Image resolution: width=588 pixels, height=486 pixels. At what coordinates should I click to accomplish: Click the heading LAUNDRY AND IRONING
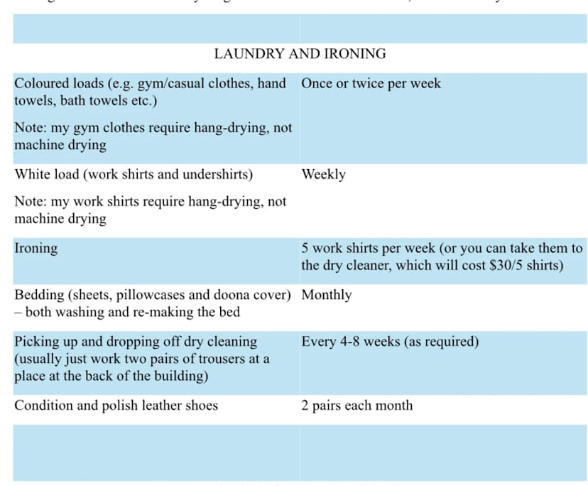click(300, 54)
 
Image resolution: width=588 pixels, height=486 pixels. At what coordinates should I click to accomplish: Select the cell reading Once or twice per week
click(371, 83)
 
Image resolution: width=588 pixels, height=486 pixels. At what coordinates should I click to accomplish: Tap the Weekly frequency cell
click(323, 174)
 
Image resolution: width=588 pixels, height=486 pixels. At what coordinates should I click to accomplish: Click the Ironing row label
click(36, 249)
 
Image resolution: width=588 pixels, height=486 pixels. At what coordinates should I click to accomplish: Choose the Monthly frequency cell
click(326, 295)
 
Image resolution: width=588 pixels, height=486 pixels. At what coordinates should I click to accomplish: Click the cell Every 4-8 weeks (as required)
click(390, 342)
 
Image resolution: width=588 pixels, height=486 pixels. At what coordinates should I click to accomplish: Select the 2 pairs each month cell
click(356, 406)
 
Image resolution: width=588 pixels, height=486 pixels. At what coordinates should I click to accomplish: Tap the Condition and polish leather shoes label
click(116, 406)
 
